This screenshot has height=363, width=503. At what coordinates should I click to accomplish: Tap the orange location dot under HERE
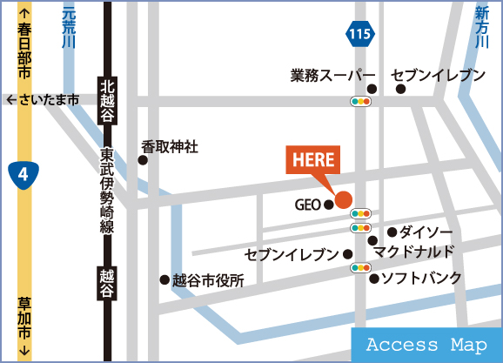[344, 199]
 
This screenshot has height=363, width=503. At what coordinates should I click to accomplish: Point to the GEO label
[308, 205]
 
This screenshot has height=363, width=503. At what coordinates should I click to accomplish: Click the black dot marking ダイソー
[392, 232]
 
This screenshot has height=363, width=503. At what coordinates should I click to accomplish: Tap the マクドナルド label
[413, 252]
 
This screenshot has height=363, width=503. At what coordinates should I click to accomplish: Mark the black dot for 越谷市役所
[163, 280]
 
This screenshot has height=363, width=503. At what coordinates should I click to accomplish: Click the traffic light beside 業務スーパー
[359, 101]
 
